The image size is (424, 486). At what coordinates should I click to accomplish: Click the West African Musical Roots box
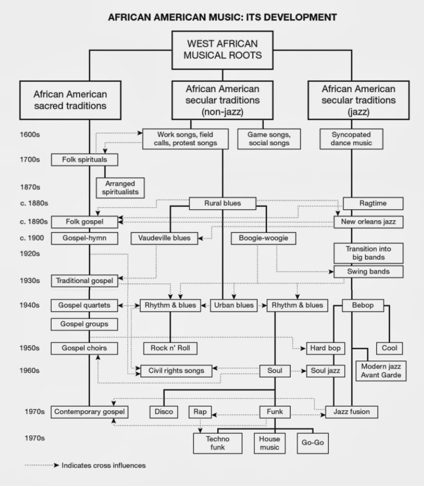[223, 50]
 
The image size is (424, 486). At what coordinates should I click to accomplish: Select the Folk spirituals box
[85, 160]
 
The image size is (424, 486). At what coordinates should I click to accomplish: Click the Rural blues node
[222, 203]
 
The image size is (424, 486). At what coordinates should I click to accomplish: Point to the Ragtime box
[373, 203]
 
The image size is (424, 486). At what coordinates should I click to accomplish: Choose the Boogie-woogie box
[263, 238]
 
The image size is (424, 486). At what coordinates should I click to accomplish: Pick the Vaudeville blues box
[164, 238]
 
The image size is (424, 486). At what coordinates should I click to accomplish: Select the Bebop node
[362, 305]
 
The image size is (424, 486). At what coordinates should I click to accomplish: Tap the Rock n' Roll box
[170, 348]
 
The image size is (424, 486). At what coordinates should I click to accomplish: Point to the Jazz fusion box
[351, 412]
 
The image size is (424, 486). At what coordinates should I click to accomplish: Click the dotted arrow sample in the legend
[42, 465]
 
